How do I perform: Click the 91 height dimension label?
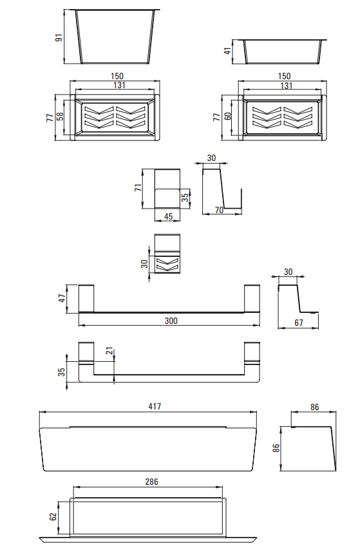pyautogui.click(x=59, y=37)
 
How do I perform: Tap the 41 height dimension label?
pyautogui.click(x=227, y=50)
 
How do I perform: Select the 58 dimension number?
pyautogui.click(x=60, y=116)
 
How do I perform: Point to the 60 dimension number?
pyautogui.click(x=227, y=116)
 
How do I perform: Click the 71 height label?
pyautogui.click(x=138, y=187)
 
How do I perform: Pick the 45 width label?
pyautogui.click(x=169, y=216)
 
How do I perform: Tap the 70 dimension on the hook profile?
pyautogui.click(x=219, y=210)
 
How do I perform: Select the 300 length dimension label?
pyautogui.click(x=171, y=321)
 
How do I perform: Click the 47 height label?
pyautogui.click(x=62, y=298)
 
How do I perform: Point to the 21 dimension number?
pyautogui.click(x=109, y=351)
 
